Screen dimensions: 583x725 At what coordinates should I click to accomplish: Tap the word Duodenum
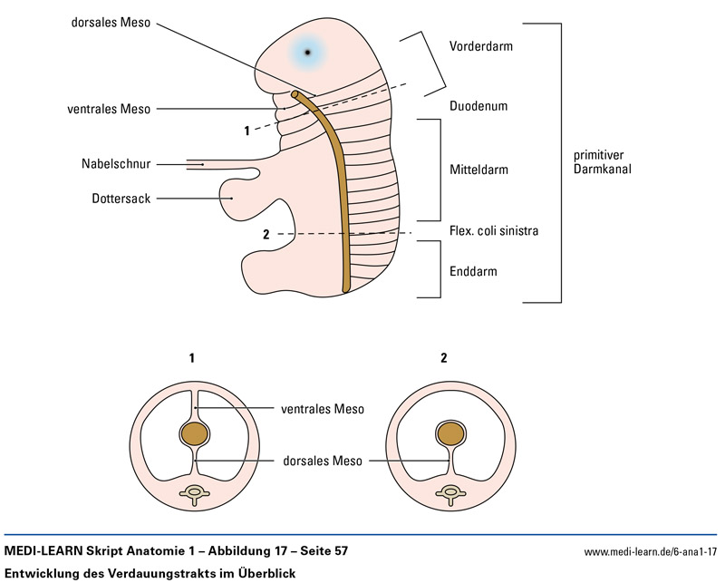pos(478,106)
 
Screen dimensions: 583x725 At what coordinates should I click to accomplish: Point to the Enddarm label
pos(473,270)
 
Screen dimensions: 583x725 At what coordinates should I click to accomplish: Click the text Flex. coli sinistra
pos(494,230)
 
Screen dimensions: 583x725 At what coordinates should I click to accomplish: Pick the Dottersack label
pos(121,198)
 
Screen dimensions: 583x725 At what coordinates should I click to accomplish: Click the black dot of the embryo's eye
pos(308,52)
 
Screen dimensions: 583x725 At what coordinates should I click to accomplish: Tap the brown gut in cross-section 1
pos(194,433)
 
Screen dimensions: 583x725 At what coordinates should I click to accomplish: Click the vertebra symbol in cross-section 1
pos(194,494)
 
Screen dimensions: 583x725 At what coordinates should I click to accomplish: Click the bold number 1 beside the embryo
pos(246,131)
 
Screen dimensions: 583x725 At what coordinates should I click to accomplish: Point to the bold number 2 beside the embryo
pos(266,235)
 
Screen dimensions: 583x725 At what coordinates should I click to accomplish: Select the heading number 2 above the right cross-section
pos(443,357)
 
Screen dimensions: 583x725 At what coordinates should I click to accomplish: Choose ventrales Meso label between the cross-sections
pos(322,409)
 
